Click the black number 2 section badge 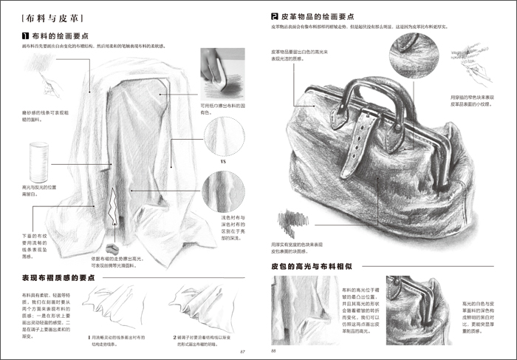coord(275,15)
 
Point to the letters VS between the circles coord(222,160)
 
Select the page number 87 coord(252,350)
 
